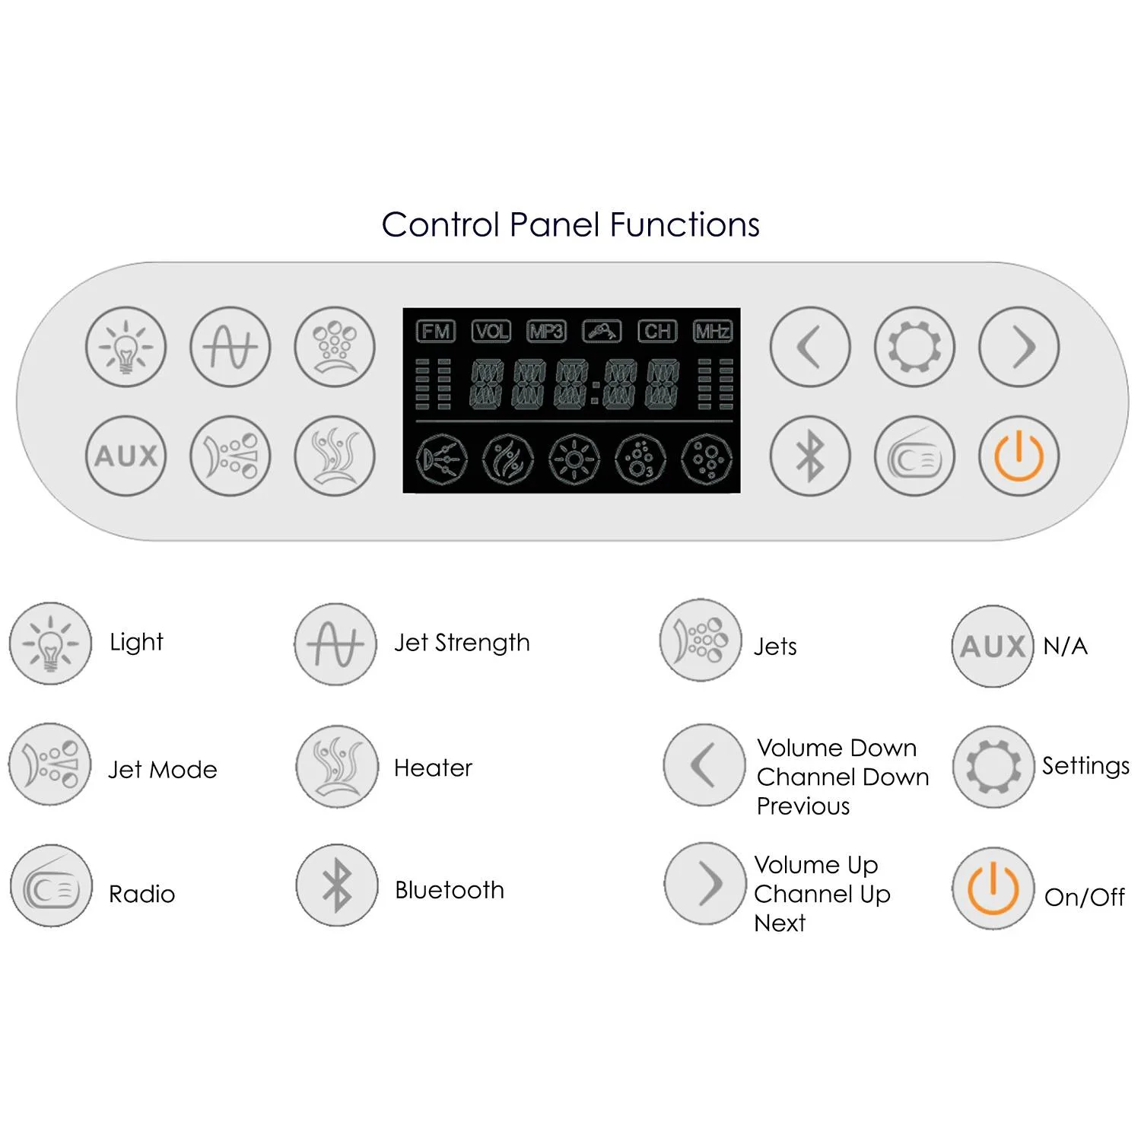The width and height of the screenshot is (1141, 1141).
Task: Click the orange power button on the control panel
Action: [x=1019, y=456]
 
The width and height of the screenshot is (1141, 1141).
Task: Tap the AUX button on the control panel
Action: [x=126, y=456]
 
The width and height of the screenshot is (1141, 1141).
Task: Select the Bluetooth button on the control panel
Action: [x=810, y=456]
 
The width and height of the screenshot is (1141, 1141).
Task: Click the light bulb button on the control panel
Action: [x=126, y=347]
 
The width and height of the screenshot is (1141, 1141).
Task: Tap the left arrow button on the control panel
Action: [x=810, y=347]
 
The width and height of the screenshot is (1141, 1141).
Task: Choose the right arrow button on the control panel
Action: [x=1019, y=347]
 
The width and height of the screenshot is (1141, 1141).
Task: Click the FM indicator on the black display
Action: [x=435, y=332]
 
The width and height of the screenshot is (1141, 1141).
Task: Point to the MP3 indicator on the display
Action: [x=546, y=332]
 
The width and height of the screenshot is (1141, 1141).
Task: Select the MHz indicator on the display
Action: [x=712, y=332]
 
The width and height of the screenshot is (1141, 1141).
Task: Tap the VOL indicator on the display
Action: [x=491, y=332]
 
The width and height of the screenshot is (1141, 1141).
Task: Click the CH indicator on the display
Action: [x=657, y=332]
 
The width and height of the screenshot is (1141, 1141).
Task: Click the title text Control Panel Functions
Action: [x=570, y=225]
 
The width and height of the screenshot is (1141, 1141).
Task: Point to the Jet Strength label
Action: [x=462, y=643]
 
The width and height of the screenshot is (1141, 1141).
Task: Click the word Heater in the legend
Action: [x=433, y=768]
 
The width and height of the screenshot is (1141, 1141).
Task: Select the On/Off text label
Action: [x=1084, y=898]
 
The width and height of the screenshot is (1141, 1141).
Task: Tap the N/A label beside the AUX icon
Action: [x=1065, y=647]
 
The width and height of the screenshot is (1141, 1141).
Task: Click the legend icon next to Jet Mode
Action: [x=50, y=764]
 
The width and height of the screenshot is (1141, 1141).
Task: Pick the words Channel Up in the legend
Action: [x=822, y=895]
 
